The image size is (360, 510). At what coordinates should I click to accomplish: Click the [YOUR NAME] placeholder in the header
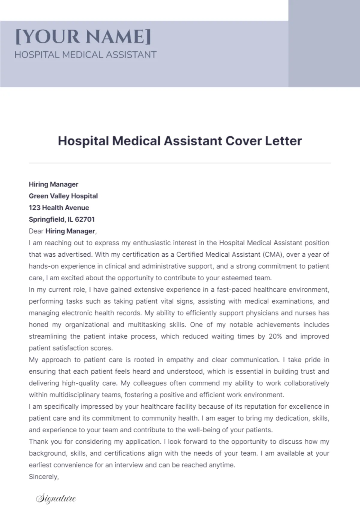[83, 37]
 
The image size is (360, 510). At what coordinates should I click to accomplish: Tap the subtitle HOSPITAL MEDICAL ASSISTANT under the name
[85, 55]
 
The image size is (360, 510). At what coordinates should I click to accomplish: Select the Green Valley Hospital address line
[63, 196]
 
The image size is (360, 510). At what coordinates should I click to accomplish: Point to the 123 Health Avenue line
[59, 208]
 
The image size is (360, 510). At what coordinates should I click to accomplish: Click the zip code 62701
[85, 219]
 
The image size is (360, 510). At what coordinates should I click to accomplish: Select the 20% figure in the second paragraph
[275, 336]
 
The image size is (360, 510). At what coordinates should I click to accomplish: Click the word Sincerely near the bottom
[43, 477]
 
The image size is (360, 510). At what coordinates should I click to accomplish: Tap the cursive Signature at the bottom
[56, 499]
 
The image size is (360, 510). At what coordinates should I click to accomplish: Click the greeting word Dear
[36, 231]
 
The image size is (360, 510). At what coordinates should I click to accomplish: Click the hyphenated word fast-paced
[234, 290]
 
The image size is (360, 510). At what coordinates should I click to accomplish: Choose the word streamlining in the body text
[48, 336]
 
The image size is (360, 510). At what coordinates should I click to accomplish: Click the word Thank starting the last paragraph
[37, 442]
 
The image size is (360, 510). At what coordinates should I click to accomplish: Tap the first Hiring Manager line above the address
[53, 184]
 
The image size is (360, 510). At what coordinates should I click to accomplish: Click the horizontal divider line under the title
[180, 163]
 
